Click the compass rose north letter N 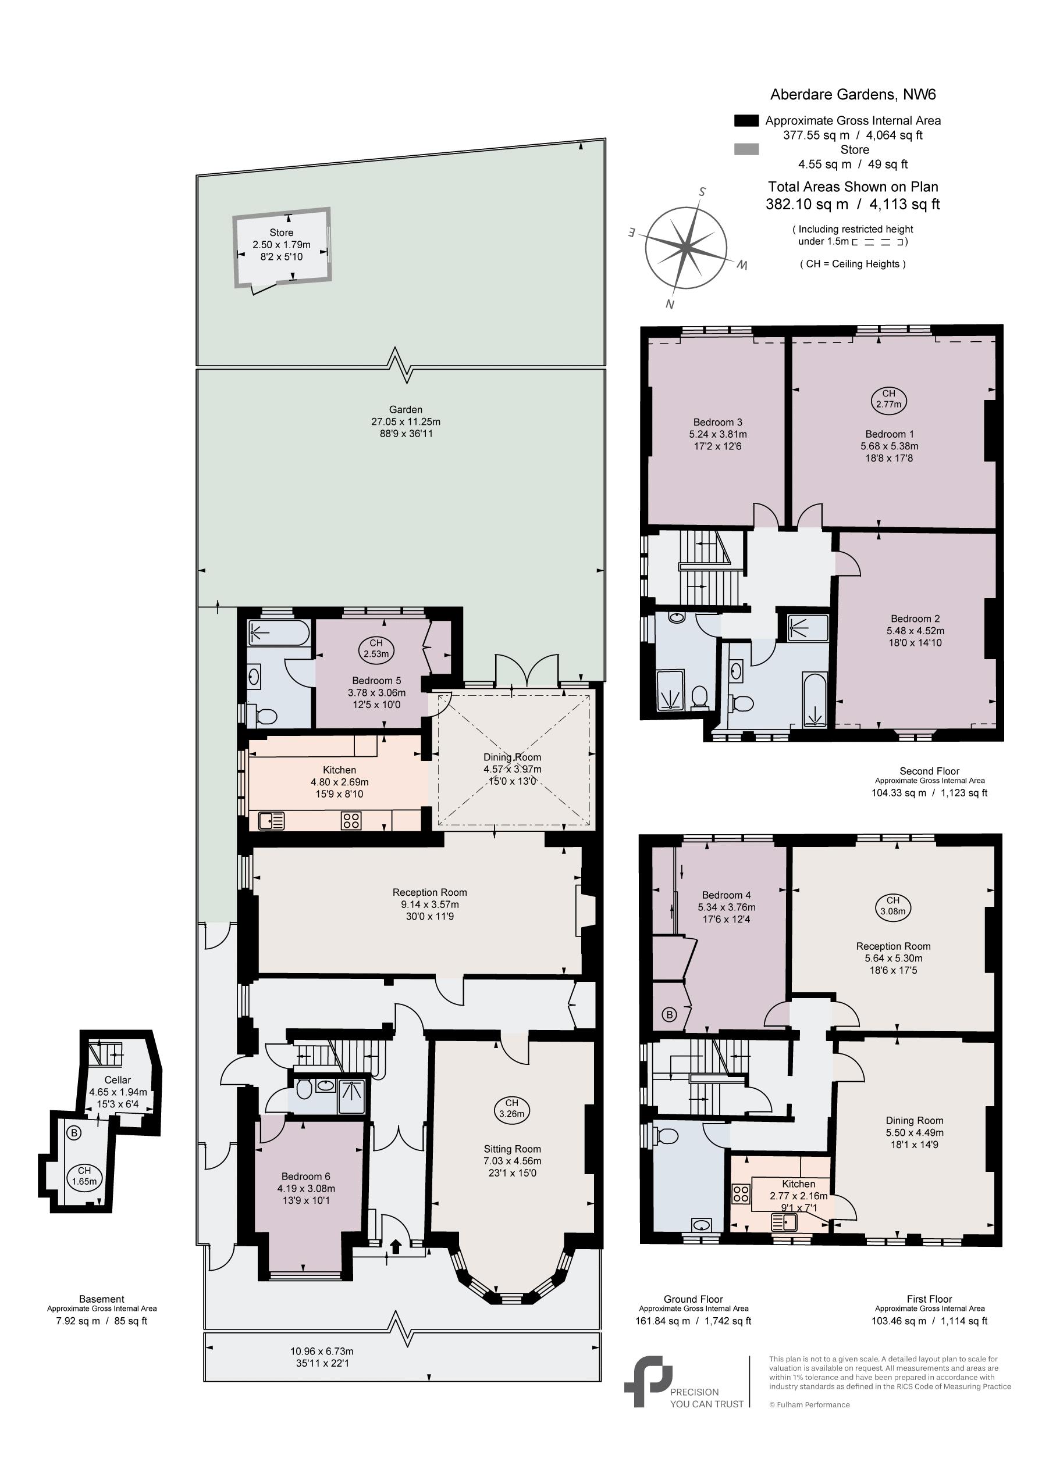670,304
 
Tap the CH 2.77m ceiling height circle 888,399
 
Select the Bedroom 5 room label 376,681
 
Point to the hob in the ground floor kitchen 351,821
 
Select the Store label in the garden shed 281,233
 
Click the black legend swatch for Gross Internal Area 746,120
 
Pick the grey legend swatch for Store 746,149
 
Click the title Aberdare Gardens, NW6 853,94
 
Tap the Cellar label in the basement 118,1079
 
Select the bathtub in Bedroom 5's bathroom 279,632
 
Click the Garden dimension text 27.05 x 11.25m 406,421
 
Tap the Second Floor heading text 929,771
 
